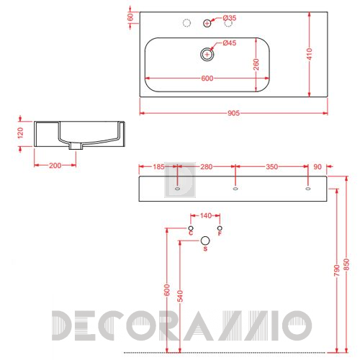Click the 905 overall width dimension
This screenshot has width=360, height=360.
(233, 113)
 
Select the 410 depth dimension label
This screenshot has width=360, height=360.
(310, 54)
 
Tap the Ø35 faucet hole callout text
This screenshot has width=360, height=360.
(230, 18)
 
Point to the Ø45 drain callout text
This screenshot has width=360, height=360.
(230, 43)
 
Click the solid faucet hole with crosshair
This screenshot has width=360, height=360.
(207, 23)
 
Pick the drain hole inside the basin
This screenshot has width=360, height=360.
(207, 55)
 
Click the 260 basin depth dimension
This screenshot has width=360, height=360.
(256, 64)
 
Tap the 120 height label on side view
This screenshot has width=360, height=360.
(21, 133)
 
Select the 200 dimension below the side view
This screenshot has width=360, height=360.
(55, 166)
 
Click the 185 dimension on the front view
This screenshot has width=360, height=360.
(158, 166)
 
